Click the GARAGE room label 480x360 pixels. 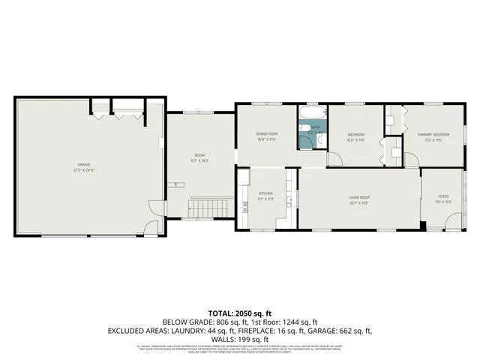click(84, 164)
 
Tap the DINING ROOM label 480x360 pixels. click(268, 134)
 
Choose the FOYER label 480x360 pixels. click(443, 197)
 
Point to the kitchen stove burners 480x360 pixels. click(244, 178)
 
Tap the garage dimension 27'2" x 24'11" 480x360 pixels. click(84, 169)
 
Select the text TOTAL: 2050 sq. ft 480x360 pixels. click(240, 313)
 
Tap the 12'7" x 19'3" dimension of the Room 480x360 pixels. click(198, 160)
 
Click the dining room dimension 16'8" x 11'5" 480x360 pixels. click(268, 139)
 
